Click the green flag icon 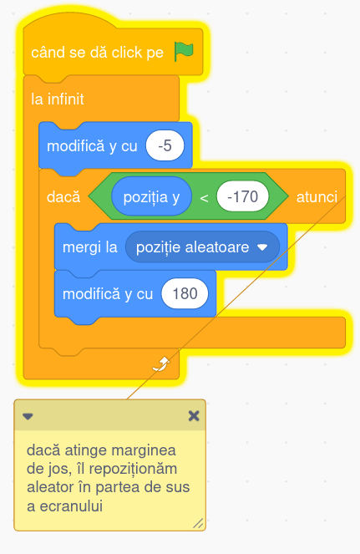[184, 52]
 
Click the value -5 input [165, 145]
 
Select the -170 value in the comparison [243, 196]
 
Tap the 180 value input [185, 293]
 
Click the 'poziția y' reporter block [151, 196]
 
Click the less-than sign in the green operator [204, 198]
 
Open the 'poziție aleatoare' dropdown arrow [262, 247]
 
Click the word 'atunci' [317, 197]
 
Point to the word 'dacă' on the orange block [63, 196]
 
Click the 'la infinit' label [58, 99]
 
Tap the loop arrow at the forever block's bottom [161, 364]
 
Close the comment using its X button [194, 416]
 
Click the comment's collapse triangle [28, 416]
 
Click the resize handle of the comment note [198, 523]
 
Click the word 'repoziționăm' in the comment [133, 470]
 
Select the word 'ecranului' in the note [71, 506]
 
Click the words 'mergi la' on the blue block [89, 247]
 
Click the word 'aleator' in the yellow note [50, 488]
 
